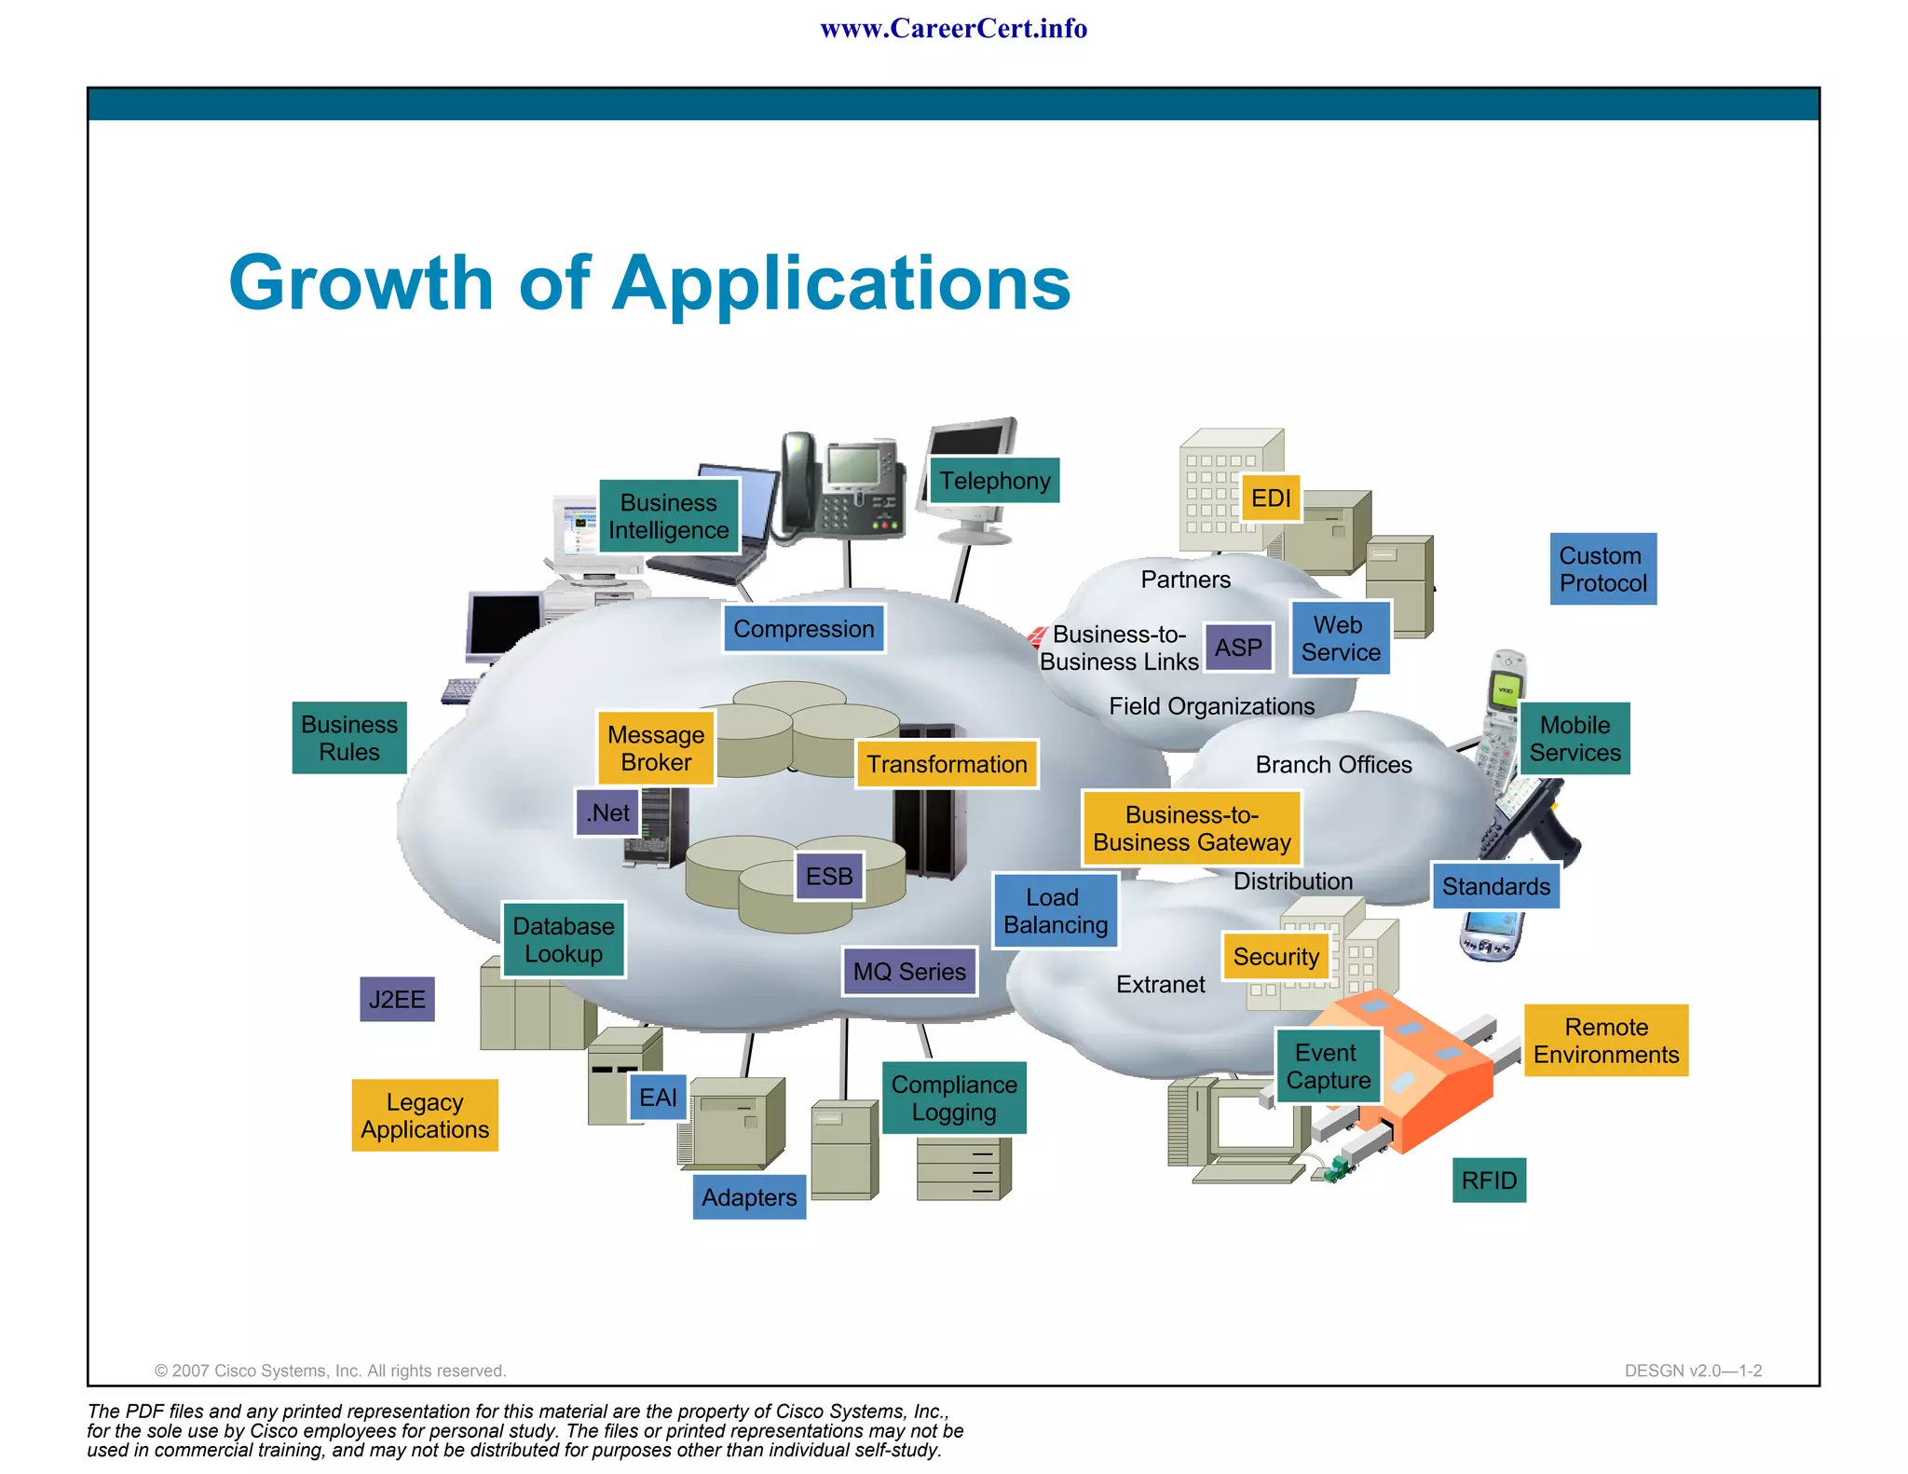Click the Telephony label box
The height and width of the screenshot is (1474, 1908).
tap(994, 481)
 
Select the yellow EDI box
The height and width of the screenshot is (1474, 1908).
tap(1271, 498)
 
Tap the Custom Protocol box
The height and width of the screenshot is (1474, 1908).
tap(1602, 569)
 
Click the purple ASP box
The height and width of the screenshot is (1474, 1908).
tap(1238, 648)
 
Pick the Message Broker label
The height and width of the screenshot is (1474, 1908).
tap(656, 748)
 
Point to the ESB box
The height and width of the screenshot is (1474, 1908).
tap(829, 877)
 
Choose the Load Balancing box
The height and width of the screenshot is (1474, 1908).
tap(1055, 911)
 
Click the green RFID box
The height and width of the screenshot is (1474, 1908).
tap(1489, 1181)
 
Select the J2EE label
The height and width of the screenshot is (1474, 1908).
tap(397, 1000)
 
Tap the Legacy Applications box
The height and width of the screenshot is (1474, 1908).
tap(425, 1115)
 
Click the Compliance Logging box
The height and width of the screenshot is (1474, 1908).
tap(954, 1098)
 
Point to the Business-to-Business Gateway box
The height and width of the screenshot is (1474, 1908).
tap(1192, 828)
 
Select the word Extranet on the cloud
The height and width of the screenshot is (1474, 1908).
tap(1160, 985)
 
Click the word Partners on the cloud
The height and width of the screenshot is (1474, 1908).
tap(1185, 580)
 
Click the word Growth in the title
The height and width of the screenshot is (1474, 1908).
tap(361, 283)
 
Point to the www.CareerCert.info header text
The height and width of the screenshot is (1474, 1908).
tap(953, 29)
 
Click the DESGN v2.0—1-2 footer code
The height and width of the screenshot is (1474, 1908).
tap(1693, 1371)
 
